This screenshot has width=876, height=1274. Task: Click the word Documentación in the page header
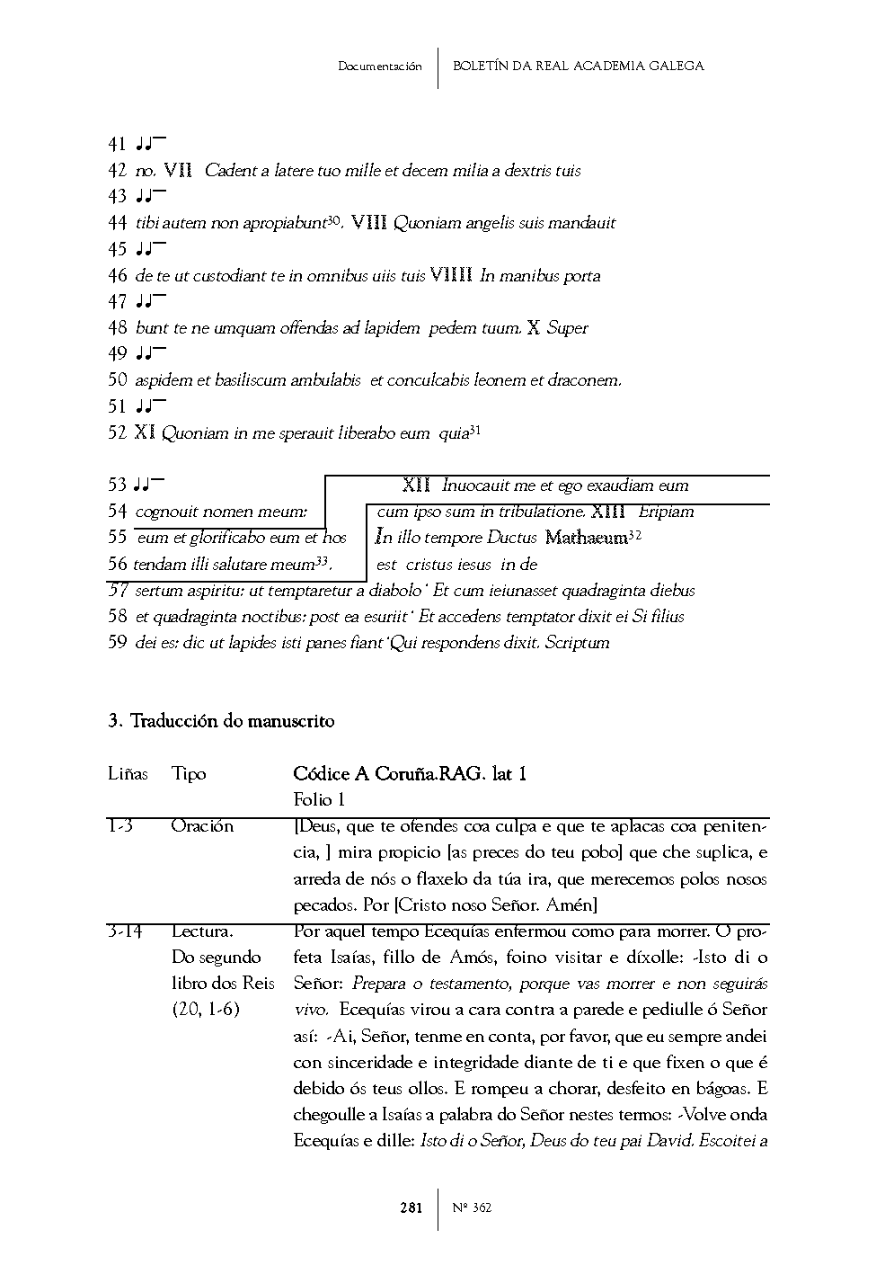pyautogui.click(x=379, y=67)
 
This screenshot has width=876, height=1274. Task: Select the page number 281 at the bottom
pyautogui.click(x=411, y=1207)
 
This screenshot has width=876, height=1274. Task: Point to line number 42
pyautogui.click(x=117, y=171)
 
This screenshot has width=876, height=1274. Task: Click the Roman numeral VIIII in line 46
pyautogui.click(x=451, y=276)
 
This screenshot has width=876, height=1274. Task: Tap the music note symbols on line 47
pyautogui.click(x=150, y=302)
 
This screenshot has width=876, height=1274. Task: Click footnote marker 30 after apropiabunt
pyautogui.click(x=333, y=219)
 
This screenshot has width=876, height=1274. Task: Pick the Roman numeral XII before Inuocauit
pyautogui.click(x=416, y=486)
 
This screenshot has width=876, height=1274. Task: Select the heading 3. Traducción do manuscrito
pyautogui.click(x=221, y=721)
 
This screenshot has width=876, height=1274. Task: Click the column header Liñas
pyautogui.click(x=128, y=774)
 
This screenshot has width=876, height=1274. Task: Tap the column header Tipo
pyautogui.click(x=189, y=774)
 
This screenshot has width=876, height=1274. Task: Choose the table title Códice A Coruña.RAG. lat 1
pyautogui.click(x=410, y=774)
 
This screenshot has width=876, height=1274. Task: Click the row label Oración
pyautogui.click(x=202, y=826)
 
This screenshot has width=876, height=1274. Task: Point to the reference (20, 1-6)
pyautogui.click(x=206, y=1010)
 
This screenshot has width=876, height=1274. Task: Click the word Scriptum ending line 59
pyautogui.click(x=577, y=643)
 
